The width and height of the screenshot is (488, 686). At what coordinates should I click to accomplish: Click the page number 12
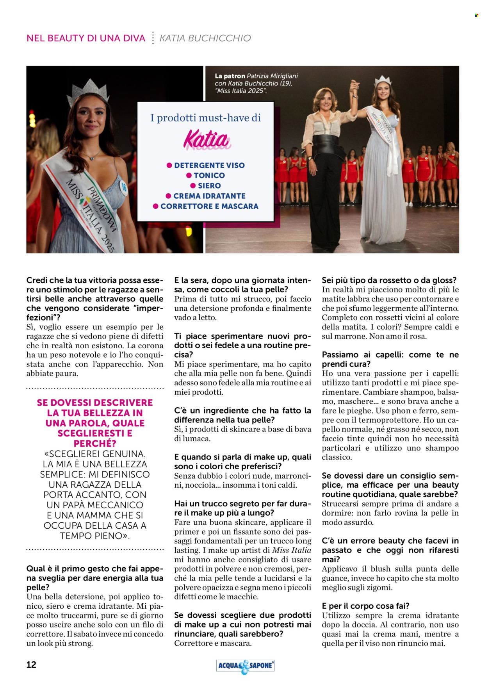[x=31, y=664]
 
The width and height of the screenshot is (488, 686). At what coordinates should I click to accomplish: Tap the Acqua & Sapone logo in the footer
[x=245, y=666]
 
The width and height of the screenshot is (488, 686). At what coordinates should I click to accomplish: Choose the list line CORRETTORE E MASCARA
[x=209, y=206]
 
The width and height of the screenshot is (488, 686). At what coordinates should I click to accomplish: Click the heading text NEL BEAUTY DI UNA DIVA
[x=86, y=38]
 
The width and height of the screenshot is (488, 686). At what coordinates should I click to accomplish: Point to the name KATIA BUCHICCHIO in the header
[x=205, y=38]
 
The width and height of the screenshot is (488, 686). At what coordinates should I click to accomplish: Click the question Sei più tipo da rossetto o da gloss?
[x=389, y=280]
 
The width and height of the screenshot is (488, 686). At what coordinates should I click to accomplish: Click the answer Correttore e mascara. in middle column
[x=213, y=643]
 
